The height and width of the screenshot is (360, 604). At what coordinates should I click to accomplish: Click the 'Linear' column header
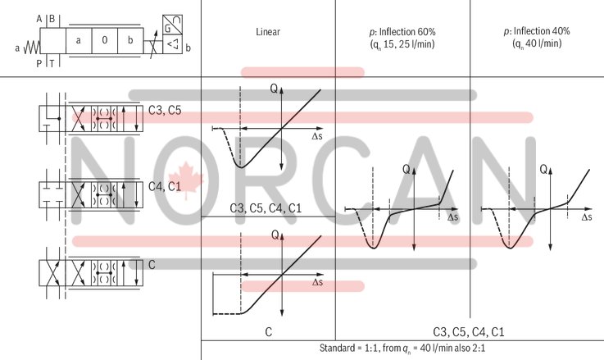tap(269, 32)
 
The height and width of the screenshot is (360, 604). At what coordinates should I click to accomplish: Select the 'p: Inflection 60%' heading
tap(402, 31)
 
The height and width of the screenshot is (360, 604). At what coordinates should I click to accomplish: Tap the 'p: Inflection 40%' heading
tap(537, 31)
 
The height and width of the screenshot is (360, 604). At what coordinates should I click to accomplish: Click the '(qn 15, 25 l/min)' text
tap(402, 45)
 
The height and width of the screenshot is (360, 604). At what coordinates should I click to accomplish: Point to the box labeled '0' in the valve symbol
tap(104, 39)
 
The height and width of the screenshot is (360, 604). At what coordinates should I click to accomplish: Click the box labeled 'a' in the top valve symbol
tap(78, 39)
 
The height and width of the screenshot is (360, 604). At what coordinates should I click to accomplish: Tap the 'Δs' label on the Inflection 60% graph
tap(453, 218)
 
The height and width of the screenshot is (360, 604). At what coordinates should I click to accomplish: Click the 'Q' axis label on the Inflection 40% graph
tap(543, 170)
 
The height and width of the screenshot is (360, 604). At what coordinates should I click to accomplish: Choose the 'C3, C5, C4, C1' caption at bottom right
tap(469, 331)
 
